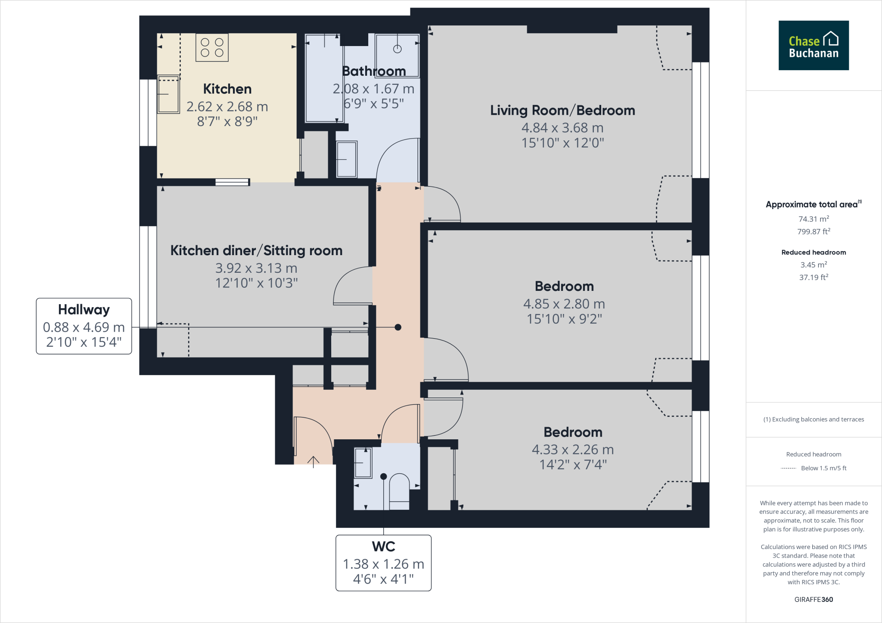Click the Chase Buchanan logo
(x=813, y=45)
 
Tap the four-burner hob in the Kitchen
(x=212, y=48)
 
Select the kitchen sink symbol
(x=168, y=94)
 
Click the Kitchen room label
(x=227, y=89)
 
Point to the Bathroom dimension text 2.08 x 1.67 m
(x=373, y=89)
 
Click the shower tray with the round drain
(x=397, y=55)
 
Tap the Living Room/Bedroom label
(x=562, y=111)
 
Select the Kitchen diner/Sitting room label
(x=256, y=250)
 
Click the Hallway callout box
(x=84, y=326)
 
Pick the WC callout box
(x=383, y=562)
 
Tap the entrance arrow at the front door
(x=313, y=461)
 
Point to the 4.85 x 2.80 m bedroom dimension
(x=564, y=304)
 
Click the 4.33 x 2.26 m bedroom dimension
(x=572, y=450)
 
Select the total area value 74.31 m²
(x=813, y=219)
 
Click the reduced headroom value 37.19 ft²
(x=813, y=278)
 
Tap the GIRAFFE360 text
(x=813, y=599)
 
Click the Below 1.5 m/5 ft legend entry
(x=823, y=468)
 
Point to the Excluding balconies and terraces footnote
(x=813, y=419)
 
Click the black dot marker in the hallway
(x=398, y=327)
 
